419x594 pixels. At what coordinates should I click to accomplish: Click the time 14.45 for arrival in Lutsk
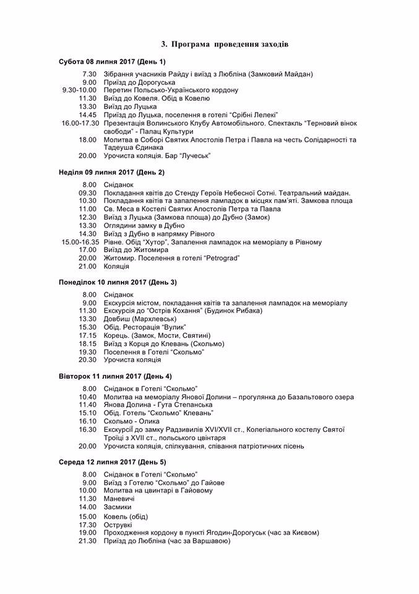[88, 114]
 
